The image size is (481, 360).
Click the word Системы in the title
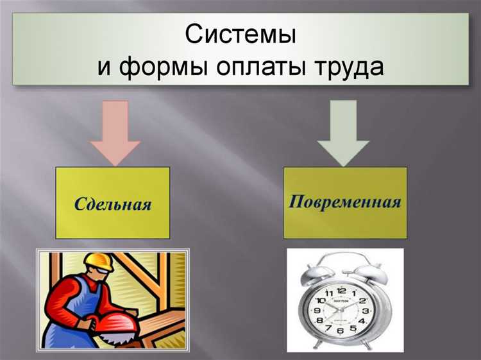240,34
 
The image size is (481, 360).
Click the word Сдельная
113,205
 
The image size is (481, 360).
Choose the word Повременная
345,203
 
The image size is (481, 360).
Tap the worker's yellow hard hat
99,259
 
